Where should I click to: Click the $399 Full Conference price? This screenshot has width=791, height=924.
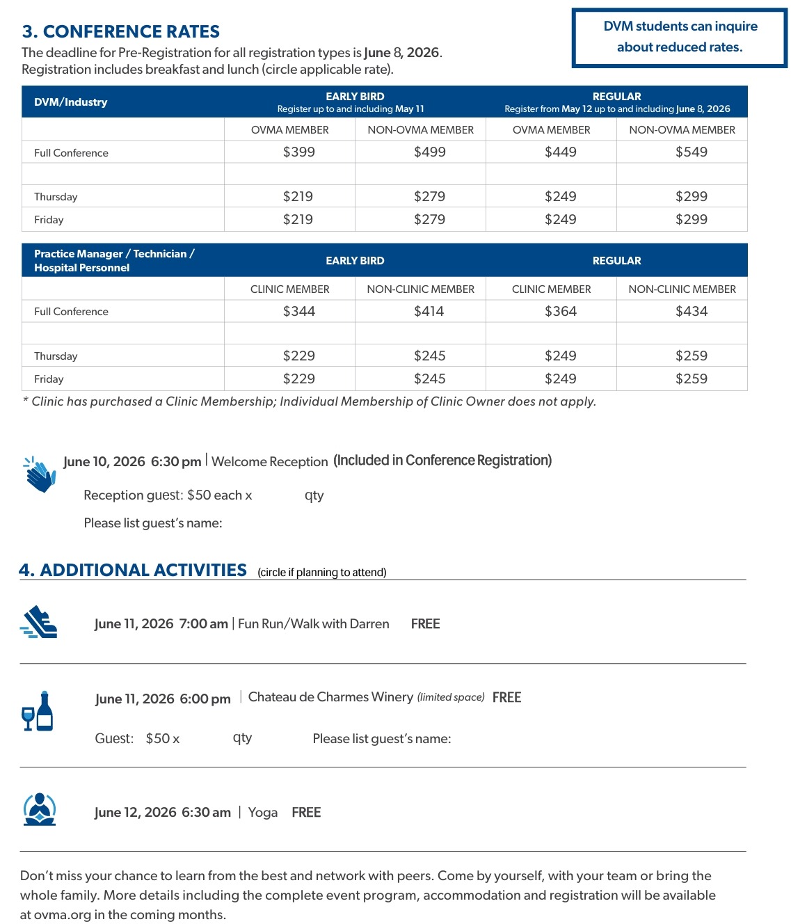[298, 152]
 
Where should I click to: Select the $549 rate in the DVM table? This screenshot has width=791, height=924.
[691, 152]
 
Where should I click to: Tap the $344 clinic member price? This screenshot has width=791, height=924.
[298, 312]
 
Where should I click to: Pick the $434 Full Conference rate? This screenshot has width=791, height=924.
[691, 312]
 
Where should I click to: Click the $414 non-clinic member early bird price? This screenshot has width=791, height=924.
[429, 312]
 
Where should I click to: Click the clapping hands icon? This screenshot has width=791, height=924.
[40, 475]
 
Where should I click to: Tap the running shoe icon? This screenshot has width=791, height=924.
[39, 622]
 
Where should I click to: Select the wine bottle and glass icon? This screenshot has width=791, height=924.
[38, 712]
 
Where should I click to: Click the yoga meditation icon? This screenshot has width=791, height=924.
[40, 810]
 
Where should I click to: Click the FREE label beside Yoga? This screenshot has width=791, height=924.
[306, 813]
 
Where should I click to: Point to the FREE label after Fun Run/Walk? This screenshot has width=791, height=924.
[425, 624]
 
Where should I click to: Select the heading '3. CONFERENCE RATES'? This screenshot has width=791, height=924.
[121, 32]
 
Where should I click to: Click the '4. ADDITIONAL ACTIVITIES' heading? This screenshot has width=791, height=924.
[133, 571]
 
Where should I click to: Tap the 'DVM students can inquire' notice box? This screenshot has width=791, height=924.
[680, 38]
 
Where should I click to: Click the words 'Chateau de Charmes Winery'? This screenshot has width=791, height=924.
[330, 697]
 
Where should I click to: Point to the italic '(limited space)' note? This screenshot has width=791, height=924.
[451, 697]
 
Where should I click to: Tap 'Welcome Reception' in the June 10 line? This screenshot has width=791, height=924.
[269, 462]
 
